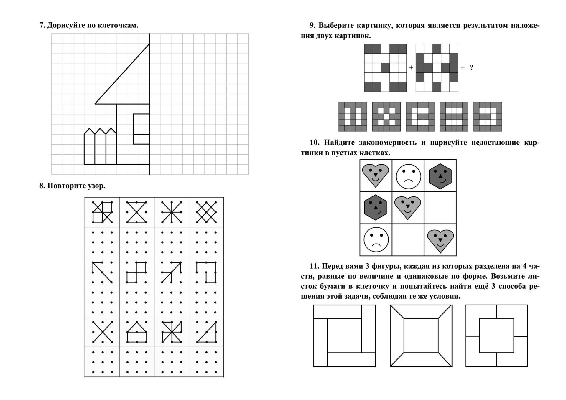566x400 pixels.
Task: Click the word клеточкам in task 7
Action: (x=119, y=25)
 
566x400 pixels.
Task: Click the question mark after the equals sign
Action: (x=472, y=67)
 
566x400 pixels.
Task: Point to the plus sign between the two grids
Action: (x=411, y=67)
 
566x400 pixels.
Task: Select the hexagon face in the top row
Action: (x=440, y=176)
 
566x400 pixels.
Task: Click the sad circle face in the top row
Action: (x=408, y=176)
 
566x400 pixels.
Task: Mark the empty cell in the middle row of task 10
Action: (x=440, y=208)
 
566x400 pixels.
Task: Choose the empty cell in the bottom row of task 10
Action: (x=408, y=240)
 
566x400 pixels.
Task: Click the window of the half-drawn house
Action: (x=141, y=129)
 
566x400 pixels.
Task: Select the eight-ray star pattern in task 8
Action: (x=171, y=212)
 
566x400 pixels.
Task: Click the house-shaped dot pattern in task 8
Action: (x=137, y=332)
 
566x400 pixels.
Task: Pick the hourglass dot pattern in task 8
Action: (x=137, y=212)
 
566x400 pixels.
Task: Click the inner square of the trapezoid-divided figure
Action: (x=421, y=335)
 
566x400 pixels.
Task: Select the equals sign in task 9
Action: (x=463, y=67)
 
